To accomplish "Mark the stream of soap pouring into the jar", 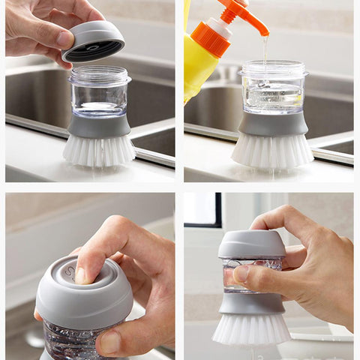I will (x=265, y=49).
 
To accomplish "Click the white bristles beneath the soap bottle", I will (x=271, y=150).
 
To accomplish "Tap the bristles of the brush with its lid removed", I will (x=98, y=149).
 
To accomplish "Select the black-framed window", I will (x=202, y=209).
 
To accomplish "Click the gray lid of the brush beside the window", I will (x=252, y=244).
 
